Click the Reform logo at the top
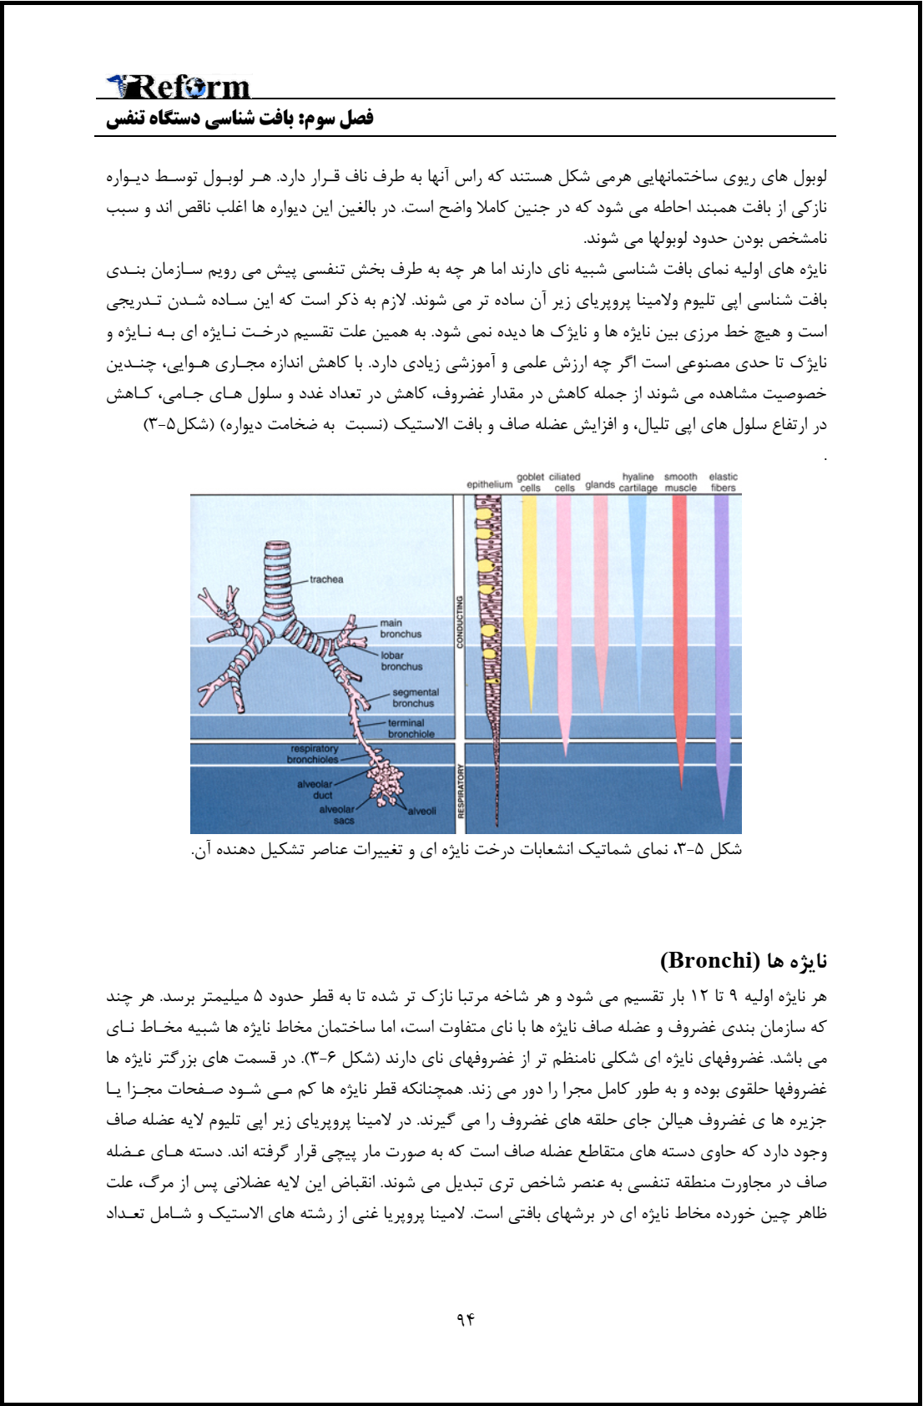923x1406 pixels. pos(179,86)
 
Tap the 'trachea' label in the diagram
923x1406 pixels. pos(326,579)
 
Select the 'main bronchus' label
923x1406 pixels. pos(401,629)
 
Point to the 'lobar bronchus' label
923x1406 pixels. pos(401,661)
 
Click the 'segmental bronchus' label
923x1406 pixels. pos(415,698)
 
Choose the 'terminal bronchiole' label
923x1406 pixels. pos(411,729)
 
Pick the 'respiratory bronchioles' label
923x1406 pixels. pos(313,754)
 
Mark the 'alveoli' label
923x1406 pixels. pos(421,811)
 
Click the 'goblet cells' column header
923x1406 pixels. pos(530,483)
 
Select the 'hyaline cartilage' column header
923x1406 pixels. pos(638,483)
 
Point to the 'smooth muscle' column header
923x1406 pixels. pos(681,483)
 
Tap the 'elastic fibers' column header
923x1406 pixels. pos(724,483)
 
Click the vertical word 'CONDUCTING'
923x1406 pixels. pos(459,621)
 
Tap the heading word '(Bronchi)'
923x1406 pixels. pos(709,960)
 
